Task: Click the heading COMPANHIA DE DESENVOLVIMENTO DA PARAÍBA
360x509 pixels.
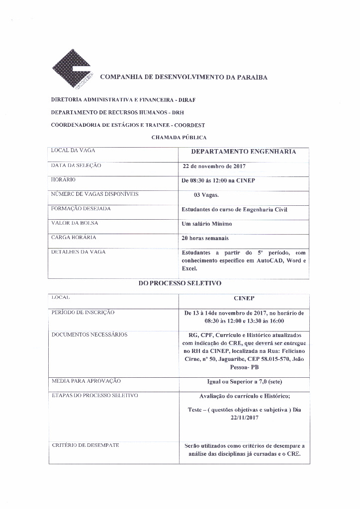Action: tap(183, 77)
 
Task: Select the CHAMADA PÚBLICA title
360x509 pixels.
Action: tap(179, 137)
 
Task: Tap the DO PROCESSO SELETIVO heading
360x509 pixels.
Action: tap(180, 283)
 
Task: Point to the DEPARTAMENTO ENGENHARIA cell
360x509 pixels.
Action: tap(244, 152)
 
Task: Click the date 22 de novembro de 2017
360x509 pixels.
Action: tap(214, 166)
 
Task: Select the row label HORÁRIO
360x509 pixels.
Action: tap(64, 179)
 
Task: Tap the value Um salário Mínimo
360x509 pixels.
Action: tap(207, 224)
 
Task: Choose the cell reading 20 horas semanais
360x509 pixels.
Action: tap(205, 238)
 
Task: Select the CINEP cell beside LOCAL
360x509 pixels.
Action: tap(244, 298)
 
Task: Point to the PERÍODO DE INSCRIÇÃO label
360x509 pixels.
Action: tap(83, 312)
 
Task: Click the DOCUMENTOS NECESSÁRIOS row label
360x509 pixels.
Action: tap(90, 335)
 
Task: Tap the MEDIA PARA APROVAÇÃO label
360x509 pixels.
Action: tap(87, 381)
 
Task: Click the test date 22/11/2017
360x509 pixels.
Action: tap(244, 418)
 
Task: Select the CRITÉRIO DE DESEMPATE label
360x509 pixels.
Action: tap(86, 445)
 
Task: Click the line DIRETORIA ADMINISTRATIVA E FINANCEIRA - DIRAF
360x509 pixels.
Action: tap(123, 99)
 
